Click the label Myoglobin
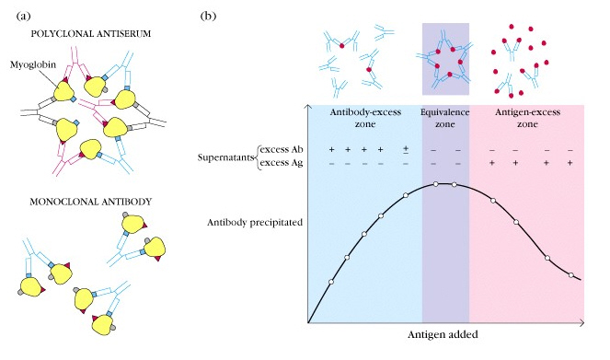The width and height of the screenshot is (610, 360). [33, 64]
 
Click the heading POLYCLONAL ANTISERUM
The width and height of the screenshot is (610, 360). [91, 34]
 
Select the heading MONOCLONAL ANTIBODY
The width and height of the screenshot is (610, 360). [91, 202]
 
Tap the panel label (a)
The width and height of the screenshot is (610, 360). [23, 16]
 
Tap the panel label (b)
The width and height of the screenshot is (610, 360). [208, 16]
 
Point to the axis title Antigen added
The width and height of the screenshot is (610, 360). [443, 335]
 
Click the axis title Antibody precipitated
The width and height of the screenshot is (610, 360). [255, 223]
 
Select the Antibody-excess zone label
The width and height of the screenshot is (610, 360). [365, 118]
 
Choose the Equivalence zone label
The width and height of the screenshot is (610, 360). [445, 118]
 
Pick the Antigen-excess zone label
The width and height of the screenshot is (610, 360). [527, 118]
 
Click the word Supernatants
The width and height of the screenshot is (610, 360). [226, 157]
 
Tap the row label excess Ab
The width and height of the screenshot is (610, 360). [282, 149]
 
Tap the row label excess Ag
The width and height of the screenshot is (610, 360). [282, 163]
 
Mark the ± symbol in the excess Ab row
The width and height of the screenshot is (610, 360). [406, 149]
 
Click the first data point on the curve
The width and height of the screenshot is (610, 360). [331, 282]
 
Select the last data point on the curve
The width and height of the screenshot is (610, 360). [570, 275]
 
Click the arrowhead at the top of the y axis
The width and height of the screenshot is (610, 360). [308, 106]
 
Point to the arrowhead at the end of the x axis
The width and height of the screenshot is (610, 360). [582, 322]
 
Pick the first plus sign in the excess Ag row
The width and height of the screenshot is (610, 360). [492, 163]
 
